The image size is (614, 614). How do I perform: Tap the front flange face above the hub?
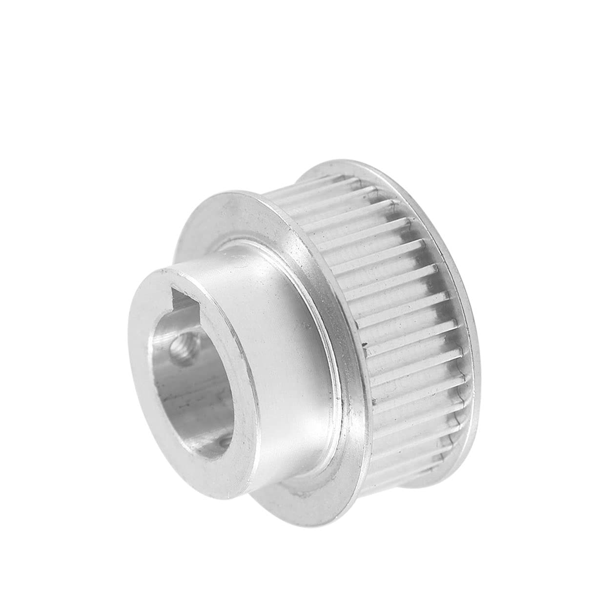[254, 215]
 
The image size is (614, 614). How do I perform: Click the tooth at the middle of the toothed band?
[405, 332]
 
